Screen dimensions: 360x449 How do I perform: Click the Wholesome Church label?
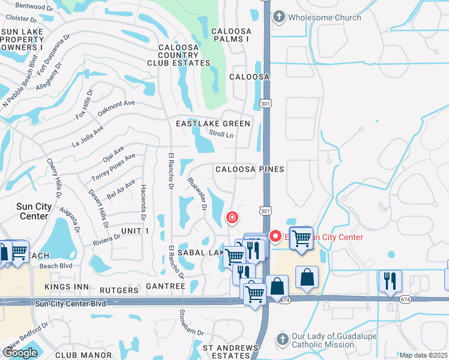tap(325, 17)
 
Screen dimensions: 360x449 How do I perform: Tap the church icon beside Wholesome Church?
tap(279, 17)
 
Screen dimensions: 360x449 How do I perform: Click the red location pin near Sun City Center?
tap(276, 236)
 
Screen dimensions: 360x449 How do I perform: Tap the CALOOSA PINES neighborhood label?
tap(250, 169)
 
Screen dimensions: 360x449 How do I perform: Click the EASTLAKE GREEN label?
tap(212, 124)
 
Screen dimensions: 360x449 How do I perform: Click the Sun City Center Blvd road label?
tap(71, 304)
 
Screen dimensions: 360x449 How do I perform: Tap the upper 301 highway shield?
tap(265, 104)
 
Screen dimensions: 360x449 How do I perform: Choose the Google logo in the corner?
tap(20, 353)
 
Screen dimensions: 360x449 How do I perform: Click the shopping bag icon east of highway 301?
tap(307, 277)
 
